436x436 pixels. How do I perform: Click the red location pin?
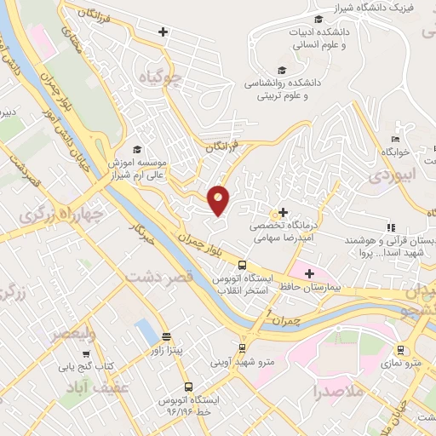tap(219, 199)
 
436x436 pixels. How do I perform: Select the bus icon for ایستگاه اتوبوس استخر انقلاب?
tap(243, 265)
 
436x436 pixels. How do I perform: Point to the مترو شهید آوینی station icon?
tap(243, 347)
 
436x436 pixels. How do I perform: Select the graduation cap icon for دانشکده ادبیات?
tap(318, 20)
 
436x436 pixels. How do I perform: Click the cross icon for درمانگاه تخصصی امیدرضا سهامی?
tap(283, 212)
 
